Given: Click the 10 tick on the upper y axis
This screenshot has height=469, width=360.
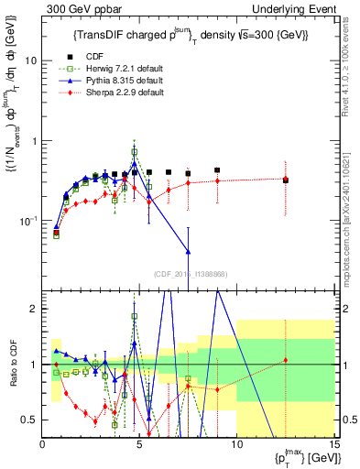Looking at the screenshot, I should click(31, 60).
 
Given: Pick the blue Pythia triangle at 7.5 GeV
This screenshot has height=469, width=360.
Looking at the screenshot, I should click(188, 251).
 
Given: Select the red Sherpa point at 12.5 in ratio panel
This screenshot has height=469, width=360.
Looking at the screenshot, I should click(286, 360).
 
